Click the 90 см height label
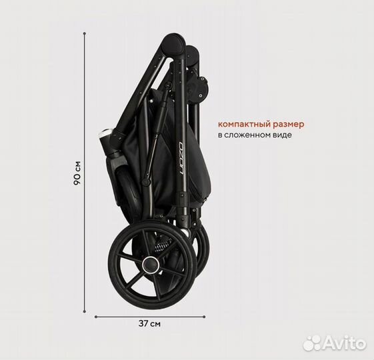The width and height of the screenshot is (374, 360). [x=77, y=173]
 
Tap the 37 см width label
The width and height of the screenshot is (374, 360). [x=149, y=324]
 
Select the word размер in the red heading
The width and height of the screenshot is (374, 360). [x=289, y=125]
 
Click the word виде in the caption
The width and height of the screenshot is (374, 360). [x=285, y=135]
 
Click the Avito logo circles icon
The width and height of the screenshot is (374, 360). [x=313, y=343]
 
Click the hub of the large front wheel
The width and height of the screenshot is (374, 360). [x=151, y=265]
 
